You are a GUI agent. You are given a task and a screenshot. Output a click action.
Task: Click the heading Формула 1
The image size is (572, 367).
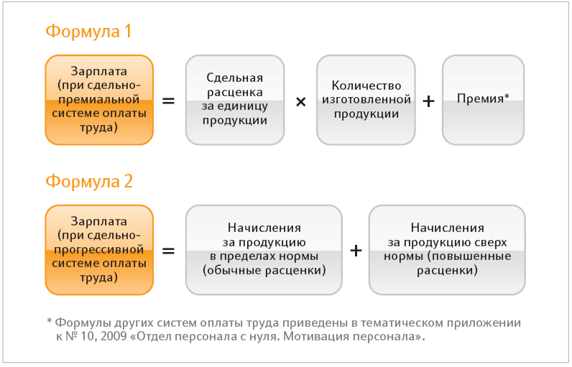point(88,32)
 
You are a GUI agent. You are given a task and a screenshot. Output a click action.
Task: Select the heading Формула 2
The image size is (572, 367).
point(89,181)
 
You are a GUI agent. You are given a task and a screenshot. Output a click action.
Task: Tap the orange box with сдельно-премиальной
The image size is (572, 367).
point(99,100)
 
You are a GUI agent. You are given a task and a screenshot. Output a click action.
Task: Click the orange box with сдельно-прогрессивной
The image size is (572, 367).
point(99,250)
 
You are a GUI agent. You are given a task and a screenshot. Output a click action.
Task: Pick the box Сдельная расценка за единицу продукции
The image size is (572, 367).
point(235,100)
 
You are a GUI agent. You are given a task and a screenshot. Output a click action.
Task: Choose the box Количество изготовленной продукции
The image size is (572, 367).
point(366,100)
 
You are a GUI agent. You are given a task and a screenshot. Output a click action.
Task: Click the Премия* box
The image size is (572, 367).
point(483,100)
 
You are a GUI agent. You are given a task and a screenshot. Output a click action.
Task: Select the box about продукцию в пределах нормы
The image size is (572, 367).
point(264,250)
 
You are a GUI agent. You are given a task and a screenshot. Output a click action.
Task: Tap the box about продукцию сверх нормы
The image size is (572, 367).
point(447,250)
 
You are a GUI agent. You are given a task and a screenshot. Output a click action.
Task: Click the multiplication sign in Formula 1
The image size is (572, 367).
point(300,102)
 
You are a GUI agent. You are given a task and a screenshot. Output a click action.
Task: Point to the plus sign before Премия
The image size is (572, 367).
point(428,101)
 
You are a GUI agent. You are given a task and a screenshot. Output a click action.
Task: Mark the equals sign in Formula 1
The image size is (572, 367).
point(168,101)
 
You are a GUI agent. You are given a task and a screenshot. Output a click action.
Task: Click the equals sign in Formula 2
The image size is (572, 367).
point(168,251)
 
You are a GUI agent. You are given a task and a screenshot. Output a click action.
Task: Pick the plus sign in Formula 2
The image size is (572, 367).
point(356,251)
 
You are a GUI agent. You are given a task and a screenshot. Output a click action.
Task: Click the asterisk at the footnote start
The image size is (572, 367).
point(50,321)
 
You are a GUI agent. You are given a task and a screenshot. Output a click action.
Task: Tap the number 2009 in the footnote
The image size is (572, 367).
point(114,336)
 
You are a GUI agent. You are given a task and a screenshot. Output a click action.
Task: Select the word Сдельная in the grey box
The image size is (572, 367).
point(234,78)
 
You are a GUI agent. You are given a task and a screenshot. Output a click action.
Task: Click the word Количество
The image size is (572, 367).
point(366,85)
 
